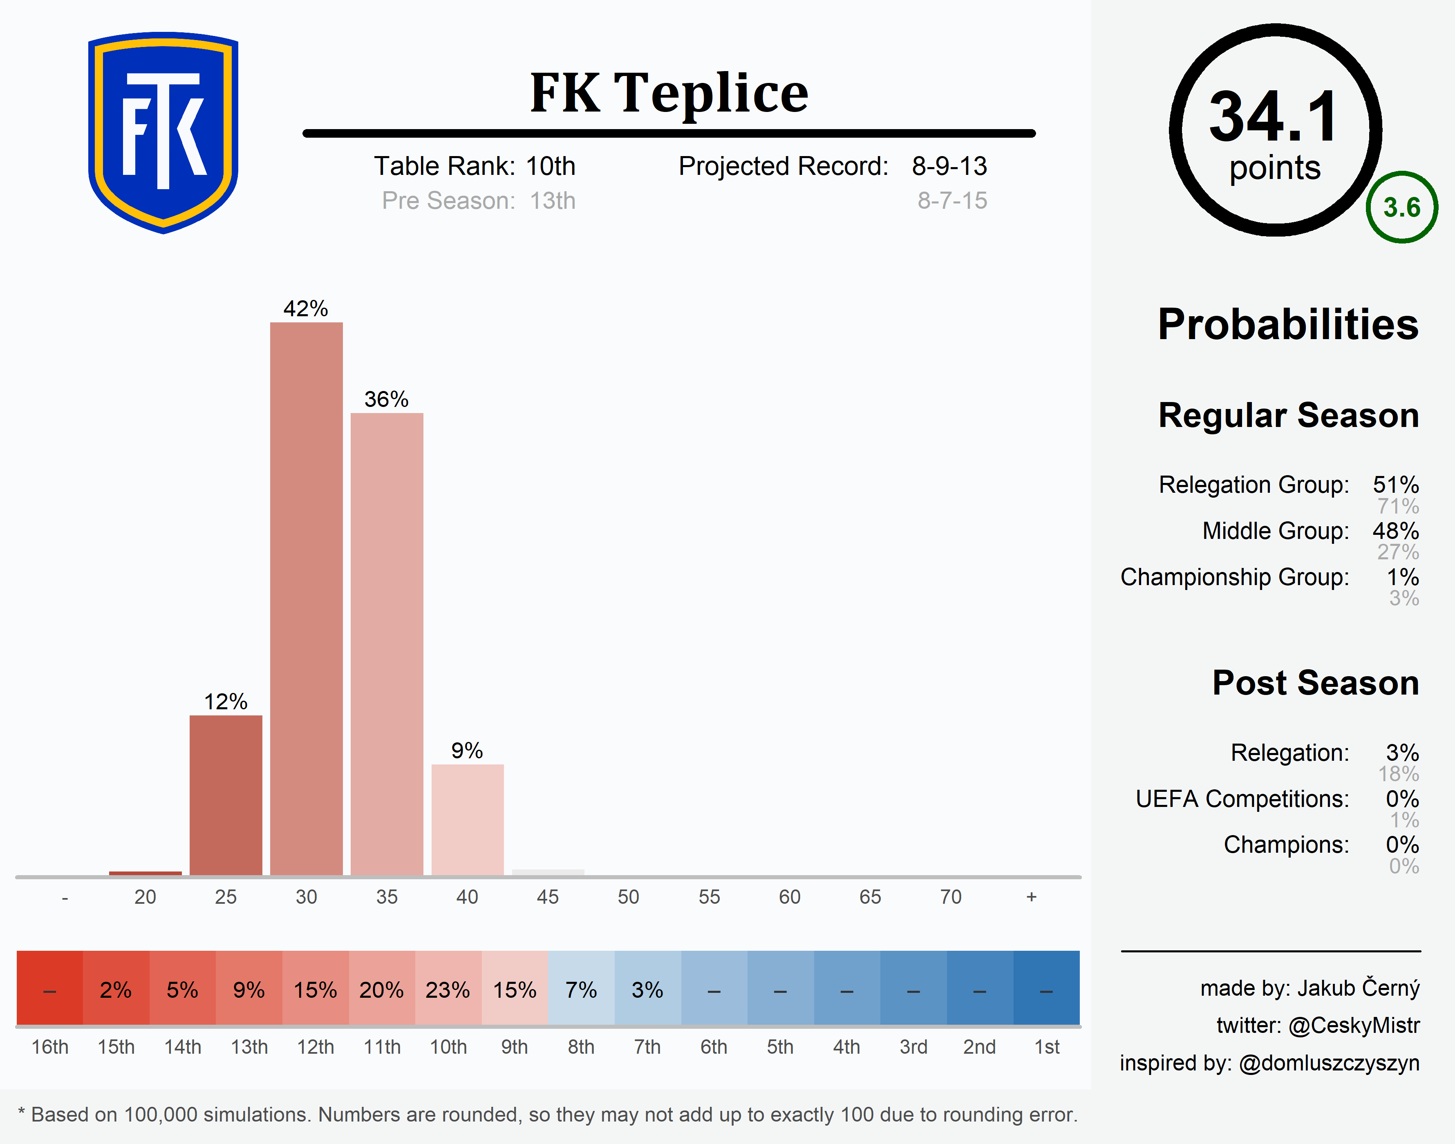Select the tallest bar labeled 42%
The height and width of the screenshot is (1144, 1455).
click(306, 598)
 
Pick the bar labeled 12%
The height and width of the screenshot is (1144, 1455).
click(226, 795)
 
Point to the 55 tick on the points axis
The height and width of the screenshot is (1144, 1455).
click(709, 897)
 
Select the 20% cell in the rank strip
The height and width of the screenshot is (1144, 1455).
click(381, 989)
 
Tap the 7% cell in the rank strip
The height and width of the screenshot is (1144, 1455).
click(581, 989)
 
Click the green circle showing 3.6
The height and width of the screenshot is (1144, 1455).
click(1401, 208)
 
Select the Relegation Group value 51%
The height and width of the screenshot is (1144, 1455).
click(1395, 484)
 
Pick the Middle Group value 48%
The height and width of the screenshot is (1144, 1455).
click(1395, 530)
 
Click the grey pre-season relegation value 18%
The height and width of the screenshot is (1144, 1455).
click(1398, 774)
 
